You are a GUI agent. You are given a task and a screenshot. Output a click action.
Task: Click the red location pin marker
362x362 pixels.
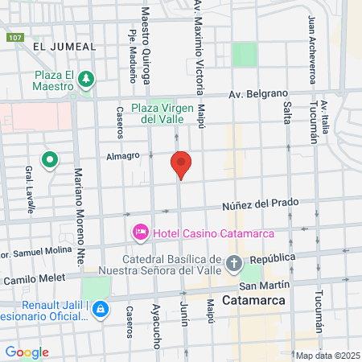pyautogui.click(x=181, y=165)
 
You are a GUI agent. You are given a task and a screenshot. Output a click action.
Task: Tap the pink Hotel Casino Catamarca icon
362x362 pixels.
pyautogui.click(x=140, y=233)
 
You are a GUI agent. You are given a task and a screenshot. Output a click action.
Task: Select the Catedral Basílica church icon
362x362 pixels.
pyautogui.click(x=233, y=262)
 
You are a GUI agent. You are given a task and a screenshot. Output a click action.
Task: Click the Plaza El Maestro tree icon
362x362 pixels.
pyautogui.click(x=86, y=78)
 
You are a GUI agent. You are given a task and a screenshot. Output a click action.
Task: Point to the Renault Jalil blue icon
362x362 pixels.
pyautogui.click(x=101, y=308)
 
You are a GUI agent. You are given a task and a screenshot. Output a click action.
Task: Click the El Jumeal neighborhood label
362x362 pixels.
pyautogui.click(x=64, y=47)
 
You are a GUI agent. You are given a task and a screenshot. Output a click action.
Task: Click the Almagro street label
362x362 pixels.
pyautogui.click(x=125, y=156)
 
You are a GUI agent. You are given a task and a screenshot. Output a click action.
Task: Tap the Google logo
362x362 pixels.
pyautogui.click(x=27, y=352)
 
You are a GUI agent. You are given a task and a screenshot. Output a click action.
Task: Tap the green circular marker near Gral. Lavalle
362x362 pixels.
pyautogui.click(x=50, y=160)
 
